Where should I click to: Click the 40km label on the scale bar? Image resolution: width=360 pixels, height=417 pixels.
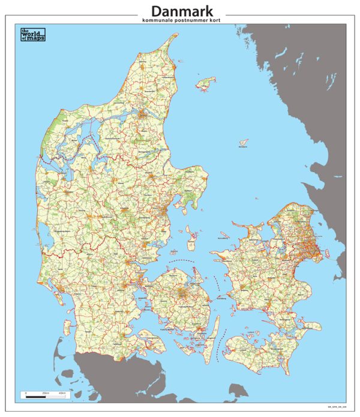point(62,393)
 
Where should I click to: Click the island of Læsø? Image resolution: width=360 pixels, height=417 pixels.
point(207,82)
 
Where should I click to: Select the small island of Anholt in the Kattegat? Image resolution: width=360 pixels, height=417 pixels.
point(244,142)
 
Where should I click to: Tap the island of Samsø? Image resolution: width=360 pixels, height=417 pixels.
point(192,239)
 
